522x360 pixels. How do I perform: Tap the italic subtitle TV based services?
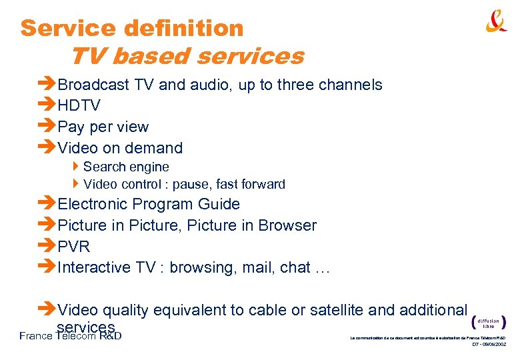(x=187, y=56)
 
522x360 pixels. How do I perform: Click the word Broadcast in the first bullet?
(x=94, y=85)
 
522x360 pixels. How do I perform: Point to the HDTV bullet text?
(x=79, y=105)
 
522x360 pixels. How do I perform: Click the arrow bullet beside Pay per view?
(x=47, y=127)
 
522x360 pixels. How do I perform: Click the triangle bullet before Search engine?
(x=77, y=167)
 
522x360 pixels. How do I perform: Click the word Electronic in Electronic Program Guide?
(x=92, y=204)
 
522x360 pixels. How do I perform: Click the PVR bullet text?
(x=74, y=247)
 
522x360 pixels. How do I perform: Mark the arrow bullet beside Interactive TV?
(x=47, y=267)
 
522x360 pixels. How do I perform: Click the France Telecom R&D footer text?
(x=70, y=335)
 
